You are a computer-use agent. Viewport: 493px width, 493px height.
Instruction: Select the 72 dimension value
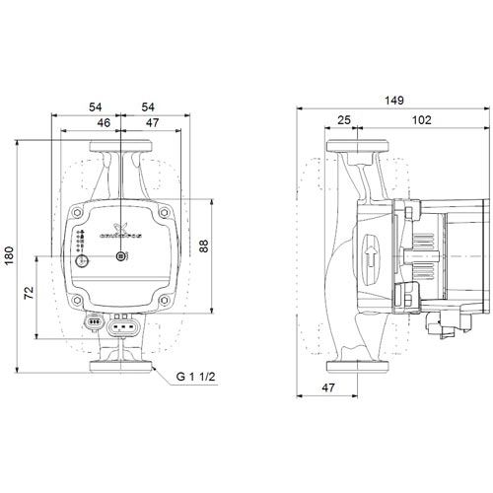pos(30,294)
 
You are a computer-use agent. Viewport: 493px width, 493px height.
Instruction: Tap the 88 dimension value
pos(204,246)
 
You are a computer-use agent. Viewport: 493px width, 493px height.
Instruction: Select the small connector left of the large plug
pos(96,322)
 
